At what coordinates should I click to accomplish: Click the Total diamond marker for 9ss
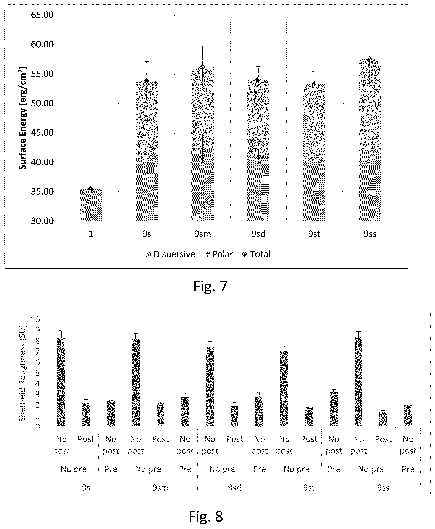(x=370, y=59)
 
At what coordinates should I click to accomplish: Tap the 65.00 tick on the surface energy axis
(x=42, y=15)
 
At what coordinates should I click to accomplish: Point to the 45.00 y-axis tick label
(x=42, y=133)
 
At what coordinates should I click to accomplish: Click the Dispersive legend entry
(x=170, y=254)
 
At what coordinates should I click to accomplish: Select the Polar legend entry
(x=219, y=254)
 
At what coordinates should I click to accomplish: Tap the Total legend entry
(x=256, y=254)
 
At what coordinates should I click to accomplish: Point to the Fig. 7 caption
(x=211, y=286)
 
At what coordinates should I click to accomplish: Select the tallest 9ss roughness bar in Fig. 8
(x=358, y=381)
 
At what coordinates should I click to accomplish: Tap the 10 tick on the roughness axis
(x=35, y=319)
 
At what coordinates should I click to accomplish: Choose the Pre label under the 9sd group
(x=259, y=469)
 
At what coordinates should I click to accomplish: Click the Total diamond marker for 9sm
(x=202, y=67)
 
